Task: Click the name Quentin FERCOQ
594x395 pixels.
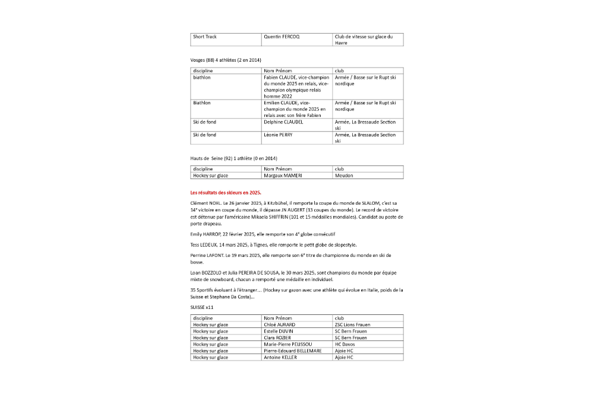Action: click(x=282, y=37)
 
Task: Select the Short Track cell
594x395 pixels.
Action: click(x=205, y=37)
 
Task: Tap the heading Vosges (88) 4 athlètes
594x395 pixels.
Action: click(x=226, y=60)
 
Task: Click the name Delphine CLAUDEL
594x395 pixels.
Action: click(x=283, y=122)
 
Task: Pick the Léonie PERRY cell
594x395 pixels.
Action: click(x=278, y=135)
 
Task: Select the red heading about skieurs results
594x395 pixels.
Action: click(x=226, y=193)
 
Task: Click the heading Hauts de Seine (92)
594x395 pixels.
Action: click(x=233, y=158)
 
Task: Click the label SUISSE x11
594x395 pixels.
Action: click(x=202, y=308)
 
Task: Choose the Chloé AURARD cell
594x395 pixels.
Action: click(x=279, y=325)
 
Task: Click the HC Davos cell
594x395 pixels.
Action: click(x=346, y=344)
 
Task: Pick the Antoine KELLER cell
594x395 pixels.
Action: click(x=280, y=357)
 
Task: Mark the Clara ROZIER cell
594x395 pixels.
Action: click(x=278, y=337)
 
